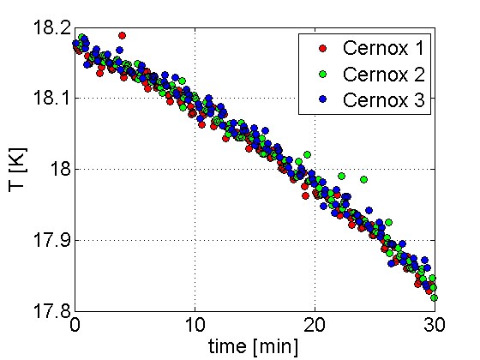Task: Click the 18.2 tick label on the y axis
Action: pyautogui.click(x=52, y=27)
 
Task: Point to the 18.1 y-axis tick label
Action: pyautogui.click(x=52, y=98)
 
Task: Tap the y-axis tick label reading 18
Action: pyautogui.click(x=61, y=169)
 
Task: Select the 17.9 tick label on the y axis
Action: pyautogui.click(x=52, y=240)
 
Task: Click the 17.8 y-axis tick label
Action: pyautogui.click(x=52, y=311)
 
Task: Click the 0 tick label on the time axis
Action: pyautogui.click(x=75, y=325)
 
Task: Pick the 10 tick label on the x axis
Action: pyautogui.click(x=195, y=325)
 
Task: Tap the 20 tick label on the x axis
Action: pyautogui.click(x=315, y=325)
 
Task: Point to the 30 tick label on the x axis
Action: pyautogui.click(x=435, y=325)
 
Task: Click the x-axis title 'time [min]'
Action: pyautogui.click(x=253, y=347)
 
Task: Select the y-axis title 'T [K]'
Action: pyautogui.click(x=18, y=170)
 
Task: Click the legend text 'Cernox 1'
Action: pyautogui.click(x=383, y=48)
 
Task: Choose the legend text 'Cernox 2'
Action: pyautogui.click(x=384, y=74)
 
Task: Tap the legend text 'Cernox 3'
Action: pyautogui.click(x=384, y=99)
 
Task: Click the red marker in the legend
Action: pyautogui.click(x=322, y=48)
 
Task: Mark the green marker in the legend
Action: pyautogui.click(x=322, y=74)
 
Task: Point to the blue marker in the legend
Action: pyautogui.click(x=322, y=99)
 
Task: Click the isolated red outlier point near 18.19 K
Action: pyautogui.click(x=122, y=35)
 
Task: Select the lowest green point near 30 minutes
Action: pyautogui.click(x=434, y=297)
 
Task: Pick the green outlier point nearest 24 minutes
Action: pyautogui.click(x=363, y=179)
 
